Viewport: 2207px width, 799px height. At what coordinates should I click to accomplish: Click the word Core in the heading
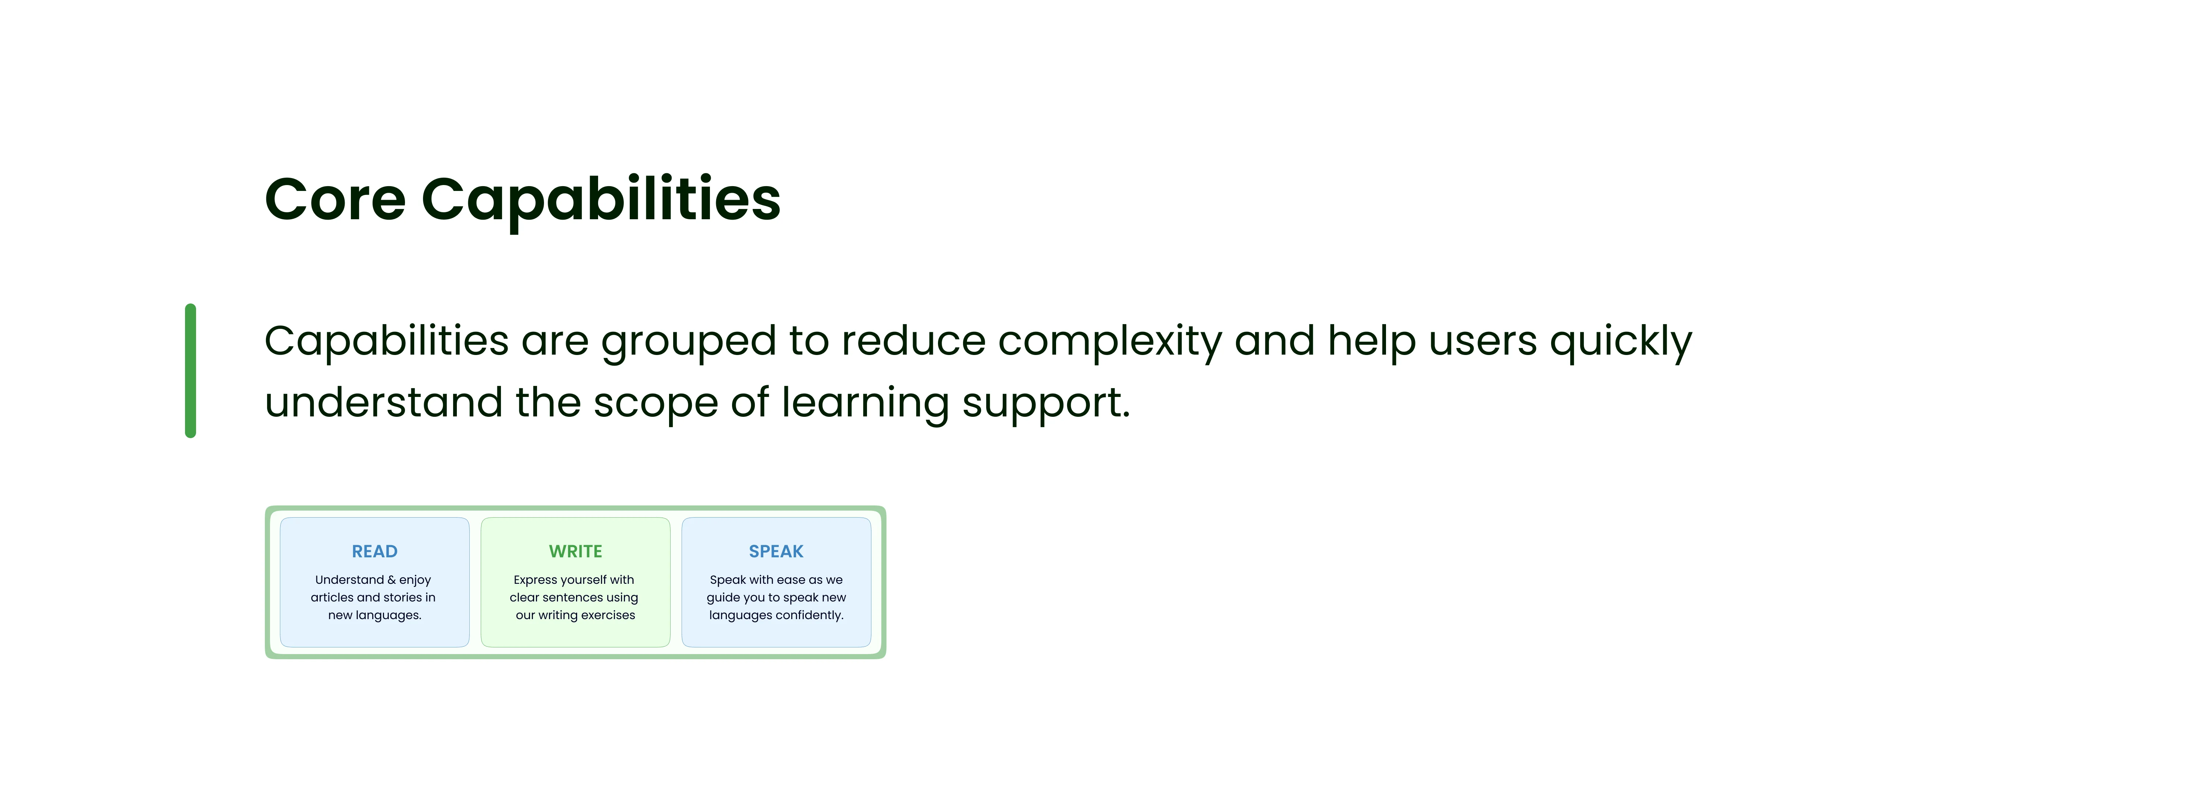point(335,199)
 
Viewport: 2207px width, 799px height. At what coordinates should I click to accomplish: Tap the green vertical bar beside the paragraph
point(190,371)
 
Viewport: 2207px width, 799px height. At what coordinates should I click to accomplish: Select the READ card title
point(374,551)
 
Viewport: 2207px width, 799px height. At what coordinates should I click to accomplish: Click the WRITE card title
point(576,551)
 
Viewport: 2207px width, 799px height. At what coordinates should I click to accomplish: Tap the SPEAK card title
point(776,551)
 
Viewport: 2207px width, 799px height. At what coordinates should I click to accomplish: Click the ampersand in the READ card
point(391,580)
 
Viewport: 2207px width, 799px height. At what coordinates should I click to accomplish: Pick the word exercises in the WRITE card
point(608,615)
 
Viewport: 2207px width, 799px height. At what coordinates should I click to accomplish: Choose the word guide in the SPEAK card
point(723,598)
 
